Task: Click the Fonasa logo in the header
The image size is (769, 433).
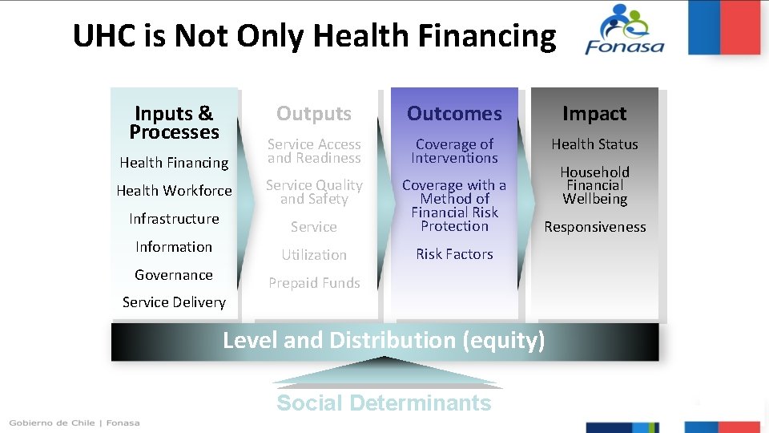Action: point(625,30)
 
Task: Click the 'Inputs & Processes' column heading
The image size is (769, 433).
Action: point(174,123)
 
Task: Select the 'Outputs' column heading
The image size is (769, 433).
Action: point(314,114)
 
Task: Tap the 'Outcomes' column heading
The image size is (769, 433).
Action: point(454,114)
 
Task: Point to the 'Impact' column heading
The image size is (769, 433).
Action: point(594,114)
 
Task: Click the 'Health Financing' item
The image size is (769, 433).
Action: point(174,163)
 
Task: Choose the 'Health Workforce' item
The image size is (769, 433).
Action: point(174,191)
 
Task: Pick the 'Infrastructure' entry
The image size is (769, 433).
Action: point(174,219)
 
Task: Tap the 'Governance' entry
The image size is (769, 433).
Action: point(174,275)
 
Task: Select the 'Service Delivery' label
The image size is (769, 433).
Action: point(174,302)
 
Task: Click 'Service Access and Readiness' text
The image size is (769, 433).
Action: point(314,151)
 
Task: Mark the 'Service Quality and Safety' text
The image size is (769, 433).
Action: point(314,192)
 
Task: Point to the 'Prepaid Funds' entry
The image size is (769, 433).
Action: point(314,283)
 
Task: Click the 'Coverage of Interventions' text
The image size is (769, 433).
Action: point(454,151)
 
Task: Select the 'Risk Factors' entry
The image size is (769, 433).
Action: point(454,254)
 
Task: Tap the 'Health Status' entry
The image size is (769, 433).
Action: point(594,144)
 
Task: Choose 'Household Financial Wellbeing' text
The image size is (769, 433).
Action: point(594,185)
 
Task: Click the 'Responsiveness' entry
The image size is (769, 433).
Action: point(594,227)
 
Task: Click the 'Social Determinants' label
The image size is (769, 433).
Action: point(384,403)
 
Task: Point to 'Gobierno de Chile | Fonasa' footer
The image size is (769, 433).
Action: point(74,423)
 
